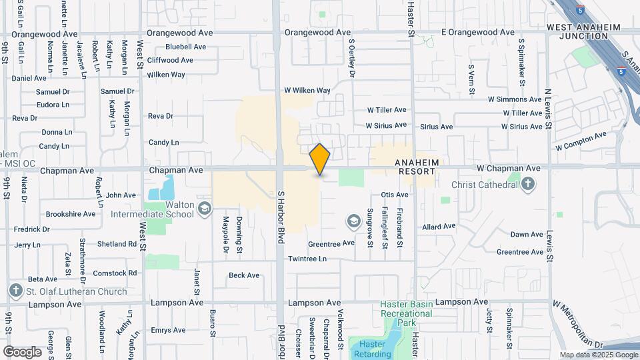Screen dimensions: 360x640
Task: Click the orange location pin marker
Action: (x=320, y=159)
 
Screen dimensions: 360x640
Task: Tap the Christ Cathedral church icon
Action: (x=528, y=183)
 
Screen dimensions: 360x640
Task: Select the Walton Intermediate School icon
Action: (x=205, y=209)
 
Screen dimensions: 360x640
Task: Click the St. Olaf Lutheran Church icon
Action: (x=16, y=291)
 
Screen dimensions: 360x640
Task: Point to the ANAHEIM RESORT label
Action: (x=417, y=167)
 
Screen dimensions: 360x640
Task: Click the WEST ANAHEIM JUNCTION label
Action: (x=583, y=32)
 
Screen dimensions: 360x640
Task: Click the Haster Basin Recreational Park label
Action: (x=407, y=313)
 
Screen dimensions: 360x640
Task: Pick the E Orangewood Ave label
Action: (x=478, y=32)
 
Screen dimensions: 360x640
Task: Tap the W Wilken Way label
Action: (x=307, y=90)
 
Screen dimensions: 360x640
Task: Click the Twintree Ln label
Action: (x=307, y=259)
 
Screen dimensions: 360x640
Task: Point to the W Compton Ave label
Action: (x=581, y=141)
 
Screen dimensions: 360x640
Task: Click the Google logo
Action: (x=22, y=351)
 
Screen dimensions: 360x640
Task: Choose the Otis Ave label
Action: (x=394, y=195)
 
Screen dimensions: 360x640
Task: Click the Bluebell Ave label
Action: (x=185, y=47)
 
